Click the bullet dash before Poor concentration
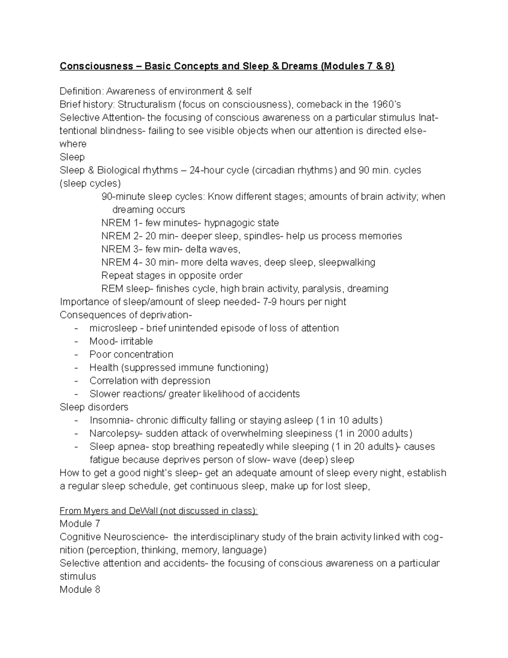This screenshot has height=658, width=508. point(76,354)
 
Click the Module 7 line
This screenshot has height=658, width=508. point(80,524)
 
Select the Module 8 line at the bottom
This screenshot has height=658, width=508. point(80,589)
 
